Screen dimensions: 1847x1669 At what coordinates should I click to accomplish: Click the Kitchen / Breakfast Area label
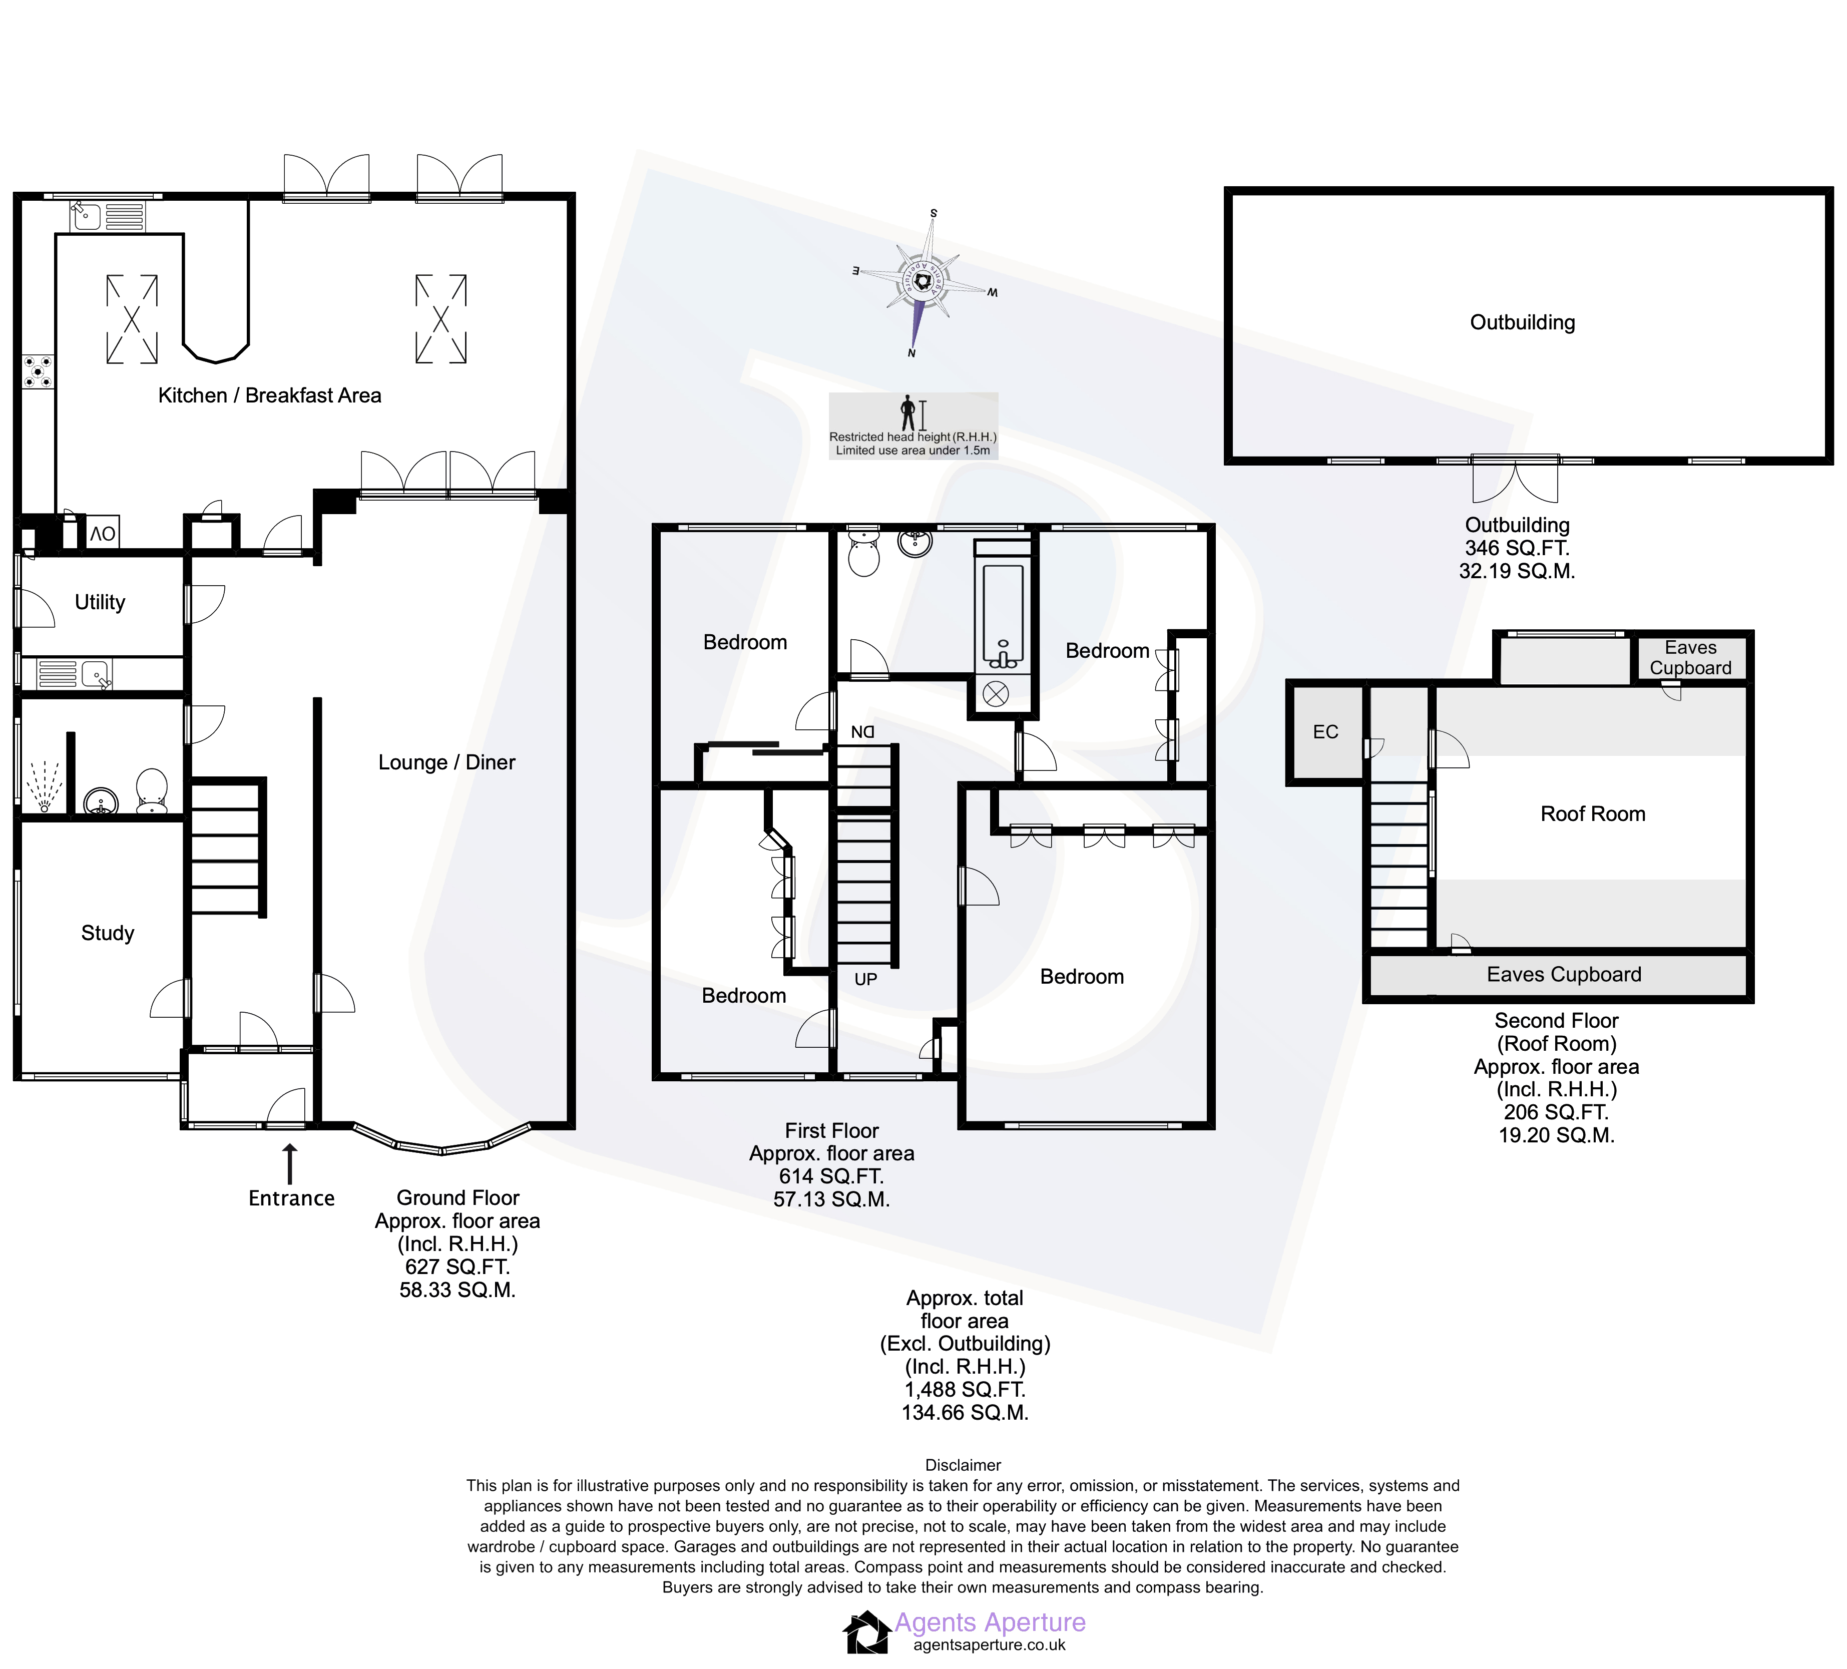click(x=269, y=395)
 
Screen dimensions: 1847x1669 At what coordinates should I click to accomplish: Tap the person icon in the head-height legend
click(x=908, y=413)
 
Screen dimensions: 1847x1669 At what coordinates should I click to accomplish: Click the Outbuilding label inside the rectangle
click(x=1523, y=322)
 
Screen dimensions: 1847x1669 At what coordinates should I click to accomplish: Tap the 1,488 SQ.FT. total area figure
click(x=965, y=1390)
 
